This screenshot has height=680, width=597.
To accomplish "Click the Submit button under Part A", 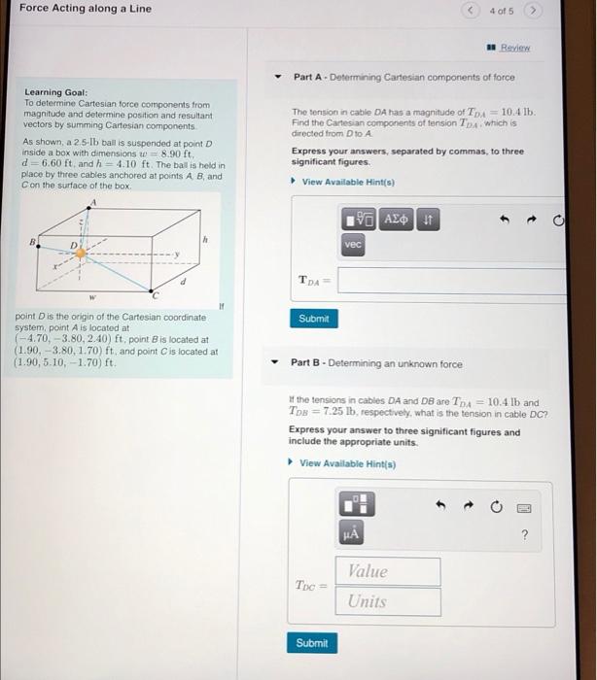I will (x=314, y=319).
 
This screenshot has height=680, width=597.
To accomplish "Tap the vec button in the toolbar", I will (x=353, y=246).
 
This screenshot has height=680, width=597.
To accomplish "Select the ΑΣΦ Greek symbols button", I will (x=397, y=220).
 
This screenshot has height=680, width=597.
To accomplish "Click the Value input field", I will (x=387, y=571).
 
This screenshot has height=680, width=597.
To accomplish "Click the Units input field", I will (x=387, y=601).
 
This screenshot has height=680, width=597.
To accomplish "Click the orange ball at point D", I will (x=82, y=252).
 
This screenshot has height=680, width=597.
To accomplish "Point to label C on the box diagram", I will (x=153, y=294).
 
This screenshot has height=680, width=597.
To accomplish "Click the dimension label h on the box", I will (x=205, y=240).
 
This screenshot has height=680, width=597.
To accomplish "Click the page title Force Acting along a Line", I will (x=86, y=9).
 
